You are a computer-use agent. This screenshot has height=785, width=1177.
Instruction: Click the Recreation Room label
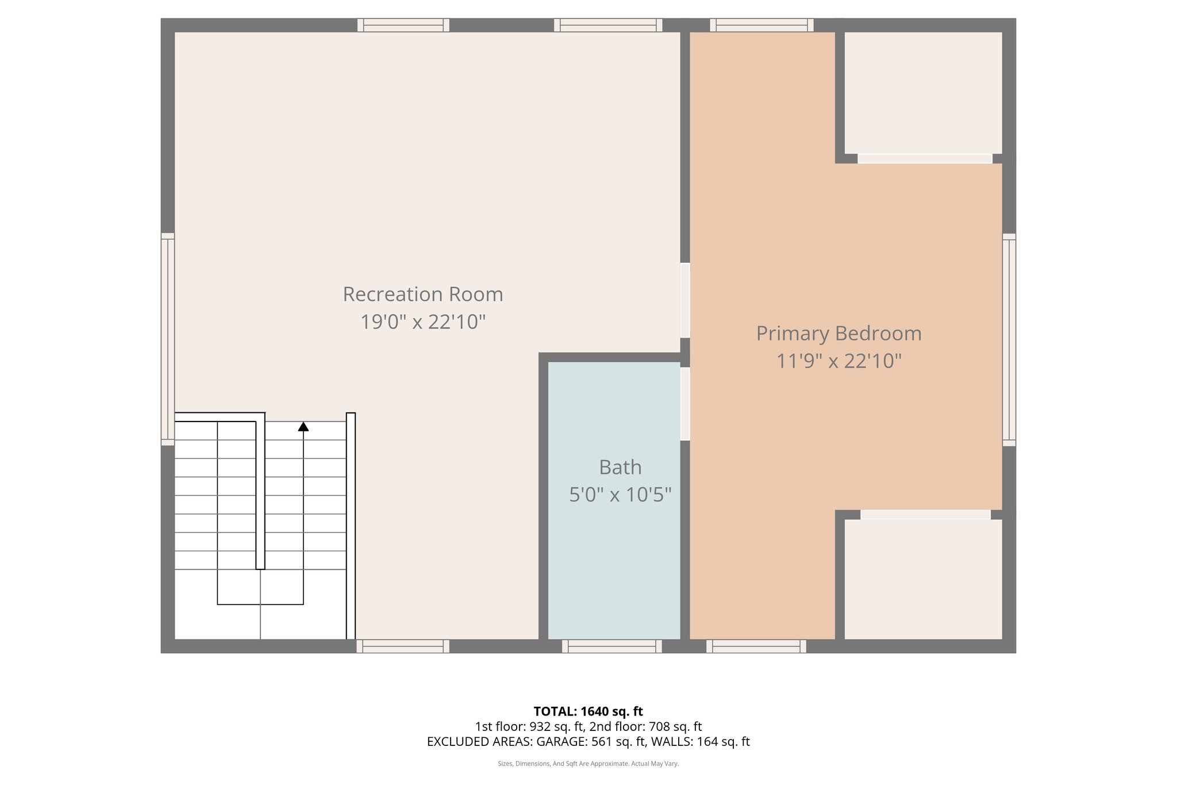click(x=423, y=294)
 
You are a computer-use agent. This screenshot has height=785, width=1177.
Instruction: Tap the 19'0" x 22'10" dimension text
click(x=423, y=322)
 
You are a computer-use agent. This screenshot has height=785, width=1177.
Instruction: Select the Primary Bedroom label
click(x=838, y=334)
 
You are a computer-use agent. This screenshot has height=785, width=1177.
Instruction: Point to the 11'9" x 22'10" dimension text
click(x=838, y=361)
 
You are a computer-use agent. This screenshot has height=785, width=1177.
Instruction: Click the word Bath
click(x=620, y=468)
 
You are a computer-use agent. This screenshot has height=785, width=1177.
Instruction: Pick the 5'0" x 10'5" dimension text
click(x=620, y=495)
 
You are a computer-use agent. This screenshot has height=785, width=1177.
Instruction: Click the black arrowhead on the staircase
click(x=303, y=427)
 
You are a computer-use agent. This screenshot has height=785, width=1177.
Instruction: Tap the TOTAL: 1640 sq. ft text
click(x=588, y=711)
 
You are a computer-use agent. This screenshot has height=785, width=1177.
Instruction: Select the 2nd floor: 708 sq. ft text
click(x=645, y=726)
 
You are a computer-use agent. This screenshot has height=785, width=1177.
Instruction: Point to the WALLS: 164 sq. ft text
click(x=701, y=742)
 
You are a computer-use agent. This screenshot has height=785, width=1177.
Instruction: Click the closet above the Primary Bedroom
click(x=923, y=92)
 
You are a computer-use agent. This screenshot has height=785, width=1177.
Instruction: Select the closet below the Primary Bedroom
click(x=923, y=579)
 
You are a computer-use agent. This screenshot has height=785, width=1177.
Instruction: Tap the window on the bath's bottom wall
click(x=611, y=646)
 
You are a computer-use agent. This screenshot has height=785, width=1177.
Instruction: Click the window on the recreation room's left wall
click(x=167, y=339)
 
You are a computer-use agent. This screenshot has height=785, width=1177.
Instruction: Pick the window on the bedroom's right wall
click(x=1009, y=339)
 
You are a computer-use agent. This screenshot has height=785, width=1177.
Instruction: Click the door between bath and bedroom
click(x=685, y=404)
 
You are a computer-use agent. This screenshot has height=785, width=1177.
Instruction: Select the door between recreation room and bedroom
click(x=685, y=300)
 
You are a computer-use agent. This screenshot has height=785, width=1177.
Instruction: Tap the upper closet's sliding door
click(x=925, y=159)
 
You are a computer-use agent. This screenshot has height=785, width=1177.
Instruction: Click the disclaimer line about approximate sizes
click(x=588, y=764)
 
